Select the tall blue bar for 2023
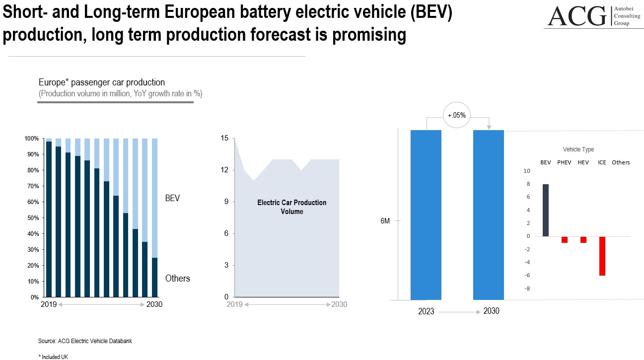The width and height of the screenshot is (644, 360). coord(426,215)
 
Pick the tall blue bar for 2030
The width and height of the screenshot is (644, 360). coord(489,215)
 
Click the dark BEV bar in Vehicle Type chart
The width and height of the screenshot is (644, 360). coord(546,210)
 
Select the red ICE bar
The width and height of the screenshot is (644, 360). coord(602,256)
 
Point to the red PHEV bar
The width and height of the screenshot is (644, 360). coord(565,239)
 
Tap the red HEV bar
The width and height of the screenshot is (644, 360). coord(583,239)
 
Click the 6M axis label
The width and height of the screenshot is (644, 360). coord(385,221)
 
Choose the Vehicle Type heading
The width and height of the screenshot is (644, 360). coord(578,149)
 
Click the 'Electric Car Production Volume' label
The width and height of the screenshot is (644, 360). coord(291,207)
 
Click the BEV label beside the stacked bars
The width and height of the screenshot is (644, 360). coord(172,198)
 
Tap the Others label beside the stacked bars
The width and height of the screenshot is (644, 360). coord(177,278)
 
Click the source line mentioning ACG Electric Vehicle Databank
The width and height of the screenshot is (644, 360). coord(85,341)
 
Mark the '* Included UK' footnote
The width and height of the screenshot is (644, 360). coord(53,357)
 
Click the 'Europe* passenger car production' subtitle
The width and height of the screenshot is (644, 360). coord(102,82)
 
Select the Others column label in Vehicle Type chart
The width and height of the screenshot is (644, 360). coord(621,162)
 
